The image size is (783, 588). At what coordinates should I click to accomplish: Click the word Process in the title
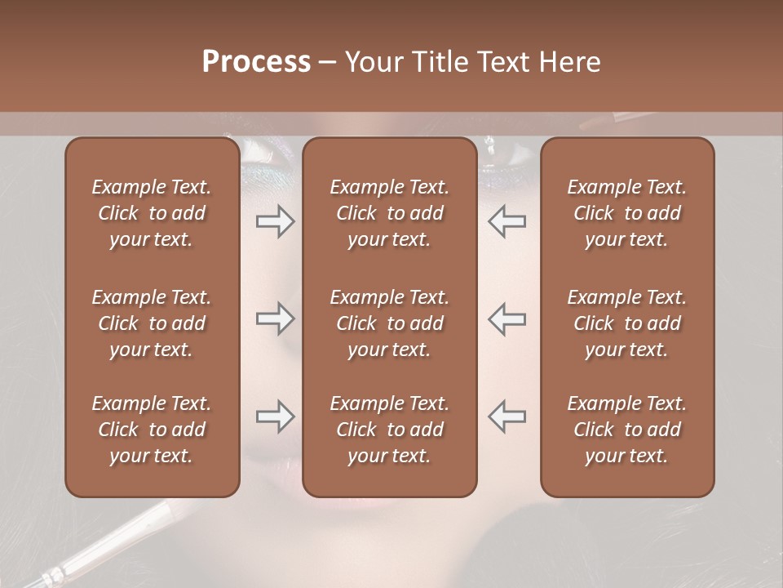coord(256,62)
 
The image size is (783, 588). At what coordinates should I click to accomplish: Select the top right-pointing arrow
coord(276,220)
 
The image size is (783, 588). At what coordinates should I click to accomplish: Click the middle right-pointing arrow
coord(276,318)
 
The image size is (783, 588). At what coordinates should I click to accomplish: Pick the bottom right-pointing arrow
coord(276,416)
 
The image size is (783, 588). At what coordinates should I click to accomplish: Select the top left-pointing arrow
coord(507,220)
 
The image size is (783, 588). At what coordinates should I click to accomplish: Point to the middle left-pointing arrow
coord(507,318)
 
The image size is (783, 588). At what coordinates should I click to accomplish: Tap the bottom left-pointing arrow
coord(507,416)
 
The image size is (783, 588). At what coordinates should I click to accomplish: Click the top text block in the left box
coord(152,213)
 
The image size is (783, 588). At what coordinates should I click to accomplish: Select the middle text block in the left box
coord(152,323)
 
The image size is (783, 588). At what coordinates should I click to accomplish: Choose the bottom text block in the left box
coord(152,430)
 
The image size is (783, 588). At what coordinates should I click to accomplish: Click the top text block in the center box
coord(389,213)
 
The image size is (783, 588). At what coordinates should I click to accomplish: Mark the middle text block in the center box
coord(389,323)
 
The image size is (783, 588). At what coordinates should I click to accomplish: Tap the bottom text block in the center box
coord(389,430)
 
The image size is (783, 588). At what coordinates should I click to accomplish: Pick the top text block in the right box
coord(626,213)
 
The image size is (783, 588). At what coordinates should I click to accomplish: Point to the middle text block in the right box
coord(626,323)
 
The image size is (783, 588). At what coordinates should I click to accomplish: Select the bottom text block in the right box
coord(626,430)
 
